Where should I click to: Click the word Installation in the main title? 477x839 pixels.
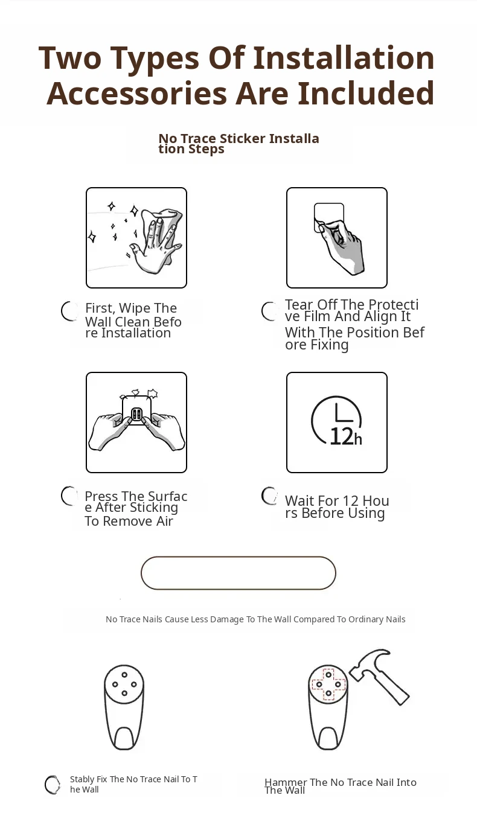(x=344, y=58)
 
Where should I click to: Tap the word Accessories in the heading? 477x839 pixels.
(x=137, y=94)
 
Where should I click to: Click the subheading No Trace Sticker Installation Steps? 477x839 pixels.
(x=238, y=144)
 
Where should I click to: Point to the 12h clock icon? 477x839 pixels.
(x=337, y=421)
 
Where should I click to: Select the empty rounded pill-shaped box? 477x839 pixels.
(x=238, y=573)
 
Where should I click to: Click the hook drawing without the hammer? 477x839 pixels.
(x=124, y=707)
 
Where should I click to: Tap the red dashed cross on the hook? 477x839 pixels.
(x=328, y=684)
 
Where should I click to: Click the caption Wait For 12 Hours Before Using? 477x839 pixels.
(x=337, y=507)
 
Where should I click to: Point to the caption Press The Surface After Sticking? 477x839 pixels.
(x=136, y=502)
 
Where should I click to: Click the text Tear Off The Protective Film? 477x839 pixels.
(x=351, y=310)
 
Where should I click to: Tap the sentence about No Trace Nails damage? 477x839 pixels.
(x=255, y=619)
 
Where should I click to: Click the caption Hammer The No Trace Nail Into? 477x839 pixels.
(x=340, y=782)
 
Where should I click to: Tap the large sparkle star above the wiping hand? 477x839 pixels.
(x=134, y=211)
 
